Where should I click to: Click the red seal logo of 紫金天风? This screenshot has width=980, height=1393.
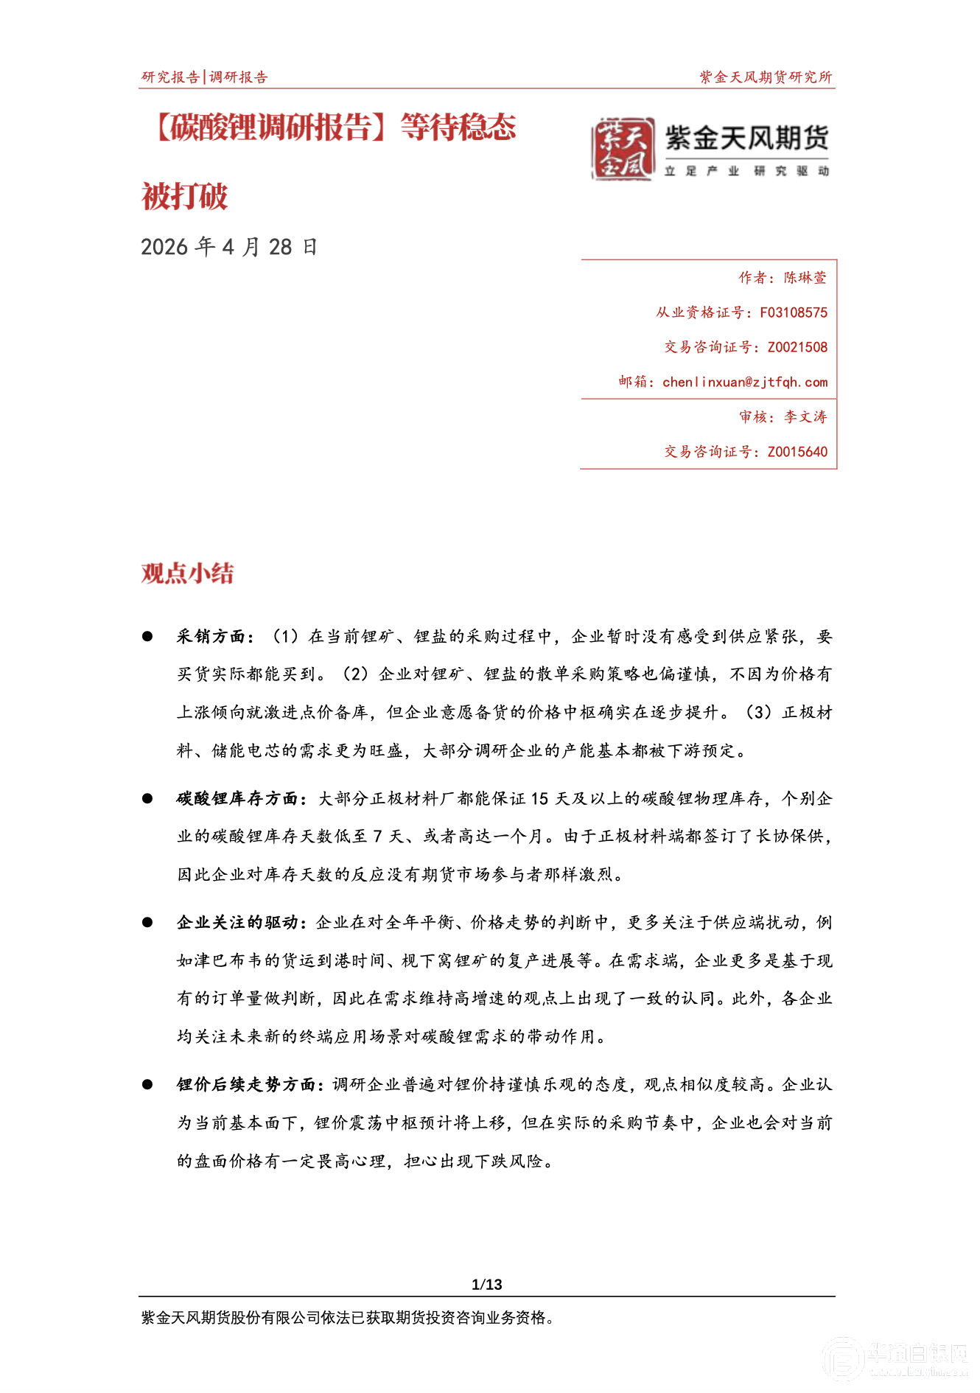(x=623, y=149)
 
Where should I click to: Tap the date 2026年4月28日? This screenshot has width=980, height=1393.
(x=228, y=247)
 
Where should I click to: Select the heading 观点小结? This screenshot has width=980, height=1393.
(x=188, y=573)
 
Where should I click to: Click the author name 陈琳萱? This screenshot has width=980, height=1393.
(x=805, y=278)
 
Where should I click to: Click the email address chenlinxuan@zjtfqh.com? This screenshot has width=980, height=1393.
(x=744, y=382)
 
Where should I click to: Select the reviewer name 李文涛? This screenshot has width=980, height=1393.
(x=805, y=417)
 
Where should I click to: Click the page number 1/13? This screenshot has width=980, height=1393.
(x=487, y=1285)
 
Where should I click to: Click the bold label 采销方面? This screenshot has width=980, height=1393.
(x=211, y=637)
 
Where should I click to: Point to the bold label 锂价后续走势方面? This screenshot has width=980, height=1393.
(x=246, y=1084)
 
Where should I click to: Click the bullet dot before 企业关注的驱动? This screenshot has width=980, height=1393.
(x=147, y=922)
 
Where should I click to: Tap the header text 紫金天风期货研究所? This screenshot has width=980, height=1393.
(x=766, y=77)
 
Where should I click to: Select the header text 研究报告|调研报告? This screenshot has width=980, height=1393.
(x=205, y=77)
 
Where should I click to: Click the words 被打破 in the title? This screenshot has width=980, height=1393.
(x=185, y=197)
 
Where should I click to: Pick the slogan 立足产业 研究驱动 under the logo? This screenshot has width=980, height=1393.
(x=746, y=171)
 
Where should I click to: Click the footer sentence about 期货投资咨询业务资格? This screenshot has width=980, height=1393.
(x=347, y=1318)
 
